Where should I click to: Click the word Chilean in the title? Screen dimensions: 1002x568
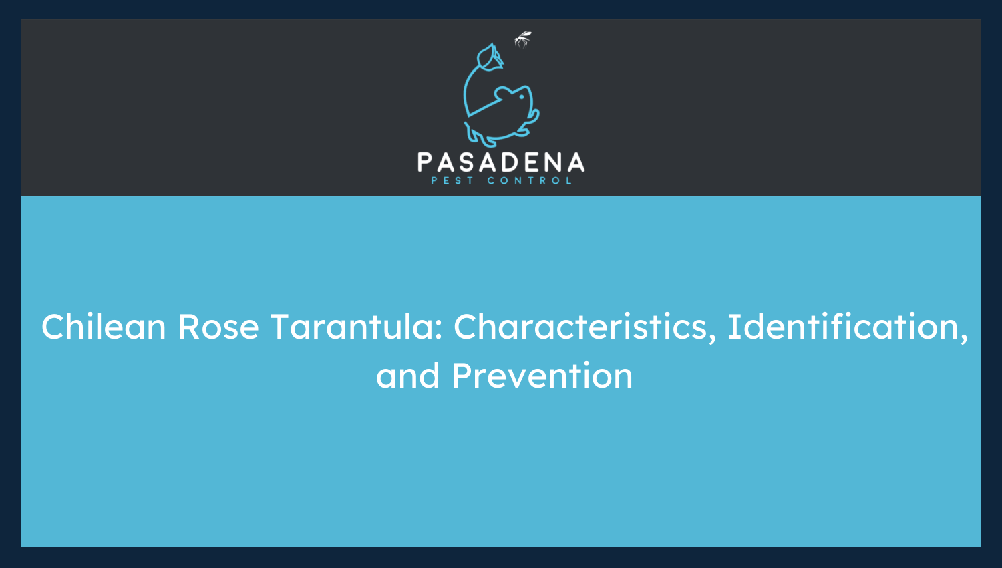coord(104,326)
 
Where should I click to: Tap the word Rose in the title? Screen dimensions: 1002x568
coord(218,327)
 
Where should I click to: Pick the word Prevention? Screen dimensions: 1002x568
coord(542,375)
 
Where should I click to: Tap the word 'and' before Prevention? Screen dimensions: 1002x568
coord(407,375)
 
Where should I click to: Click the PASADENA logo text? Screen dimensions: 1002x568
coord(501,162)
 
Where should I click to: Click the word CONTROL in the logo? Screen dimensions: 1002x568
coord(529,181)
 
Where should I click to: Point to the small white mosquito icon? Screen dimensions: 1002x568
coord(522,39)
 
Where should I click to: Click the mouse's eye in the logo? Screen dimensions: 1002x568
coord(522,96)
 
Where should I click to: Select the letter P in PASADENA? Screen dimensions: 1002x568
coord(424,162)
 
